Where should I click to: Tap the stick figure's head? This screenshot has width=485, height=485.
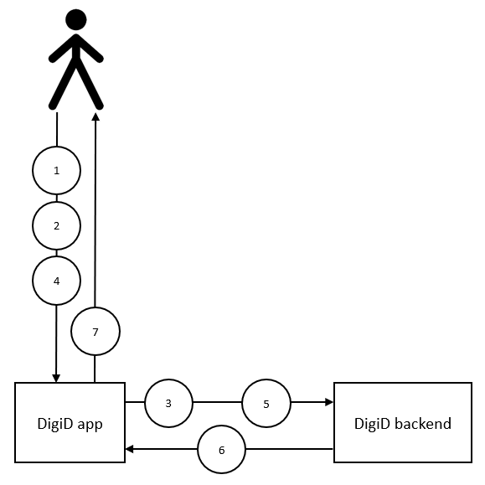pyautogui.click(x=76, y=20)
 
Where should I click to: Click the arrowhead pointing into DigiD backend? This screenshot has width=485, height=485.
pyautogui.click(x=329, y=402)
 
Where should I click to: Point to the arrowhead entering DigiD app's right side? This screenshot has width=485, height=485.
pyautogui.click(x=129, y=449)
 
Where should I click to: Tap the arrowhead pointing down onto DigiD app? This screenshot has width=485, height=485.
pyautogui.click(x=56, y=378)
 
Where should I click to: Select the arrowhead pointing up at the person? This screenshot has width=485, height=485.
pyautogui.click(x=95, y=116)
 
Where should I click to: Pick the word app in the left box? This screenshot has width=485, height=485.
pyautogui.click(x=90, y=426)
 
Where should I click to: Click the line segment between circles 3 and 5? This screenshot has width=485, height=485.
pyautogui.click(x=218, y=402)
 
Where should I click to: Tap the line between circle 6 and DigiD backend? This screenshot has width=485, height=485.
pyautogui.click(x=290, y=448)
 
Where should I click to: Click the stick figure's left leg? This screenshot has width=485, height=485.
pyautogui.click(x=64, y=84)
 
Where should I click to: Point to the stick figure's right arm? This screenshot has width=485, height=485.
pyautogui.click(x=90, y=49)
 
